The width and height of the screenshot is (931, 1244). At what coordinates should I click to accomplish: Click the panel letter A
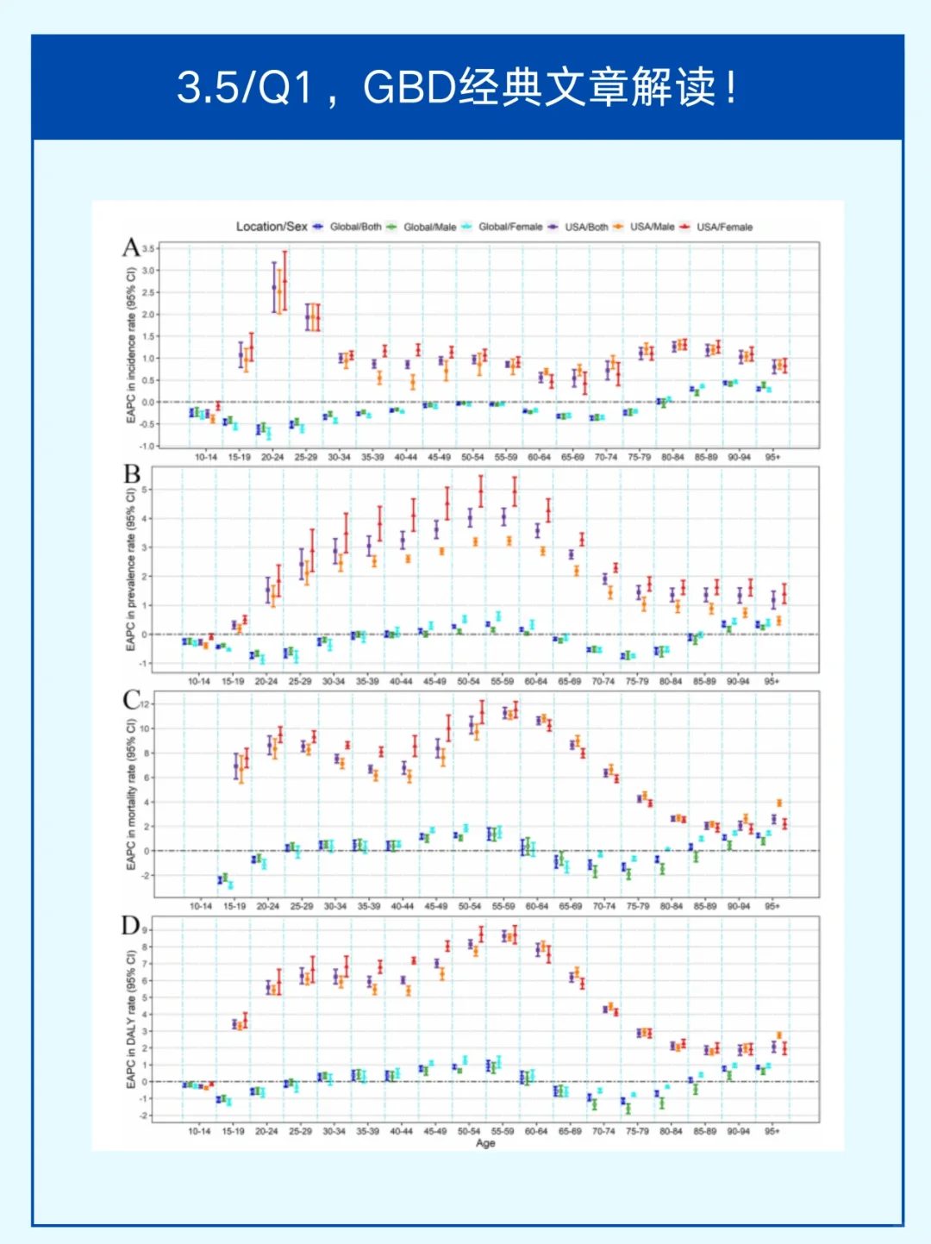131,248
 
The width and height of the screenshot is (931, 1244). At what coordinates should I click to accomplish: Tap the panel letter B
131,474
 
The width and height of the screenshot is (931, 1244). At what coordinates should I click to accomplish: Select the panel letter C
131,700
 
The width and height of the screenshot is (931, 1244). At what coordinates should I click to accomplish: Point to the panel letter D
131,926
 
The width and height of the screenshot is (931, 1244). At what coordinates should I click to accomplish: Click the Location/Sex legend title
272,227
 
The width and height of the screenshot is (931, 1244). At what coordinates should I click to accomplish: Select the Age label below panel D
485,1143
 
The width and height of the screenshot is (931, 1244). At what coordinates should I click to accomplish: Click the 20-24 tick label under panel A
272,457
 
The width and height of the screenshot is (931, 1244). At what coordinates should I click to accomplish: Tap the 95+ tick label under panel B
772,681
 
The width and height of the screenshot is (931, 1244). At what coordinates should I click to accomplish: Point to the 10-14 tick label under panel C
200,906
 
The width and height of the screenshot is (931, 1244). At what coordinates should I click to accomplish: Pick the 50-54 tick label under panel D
469,1131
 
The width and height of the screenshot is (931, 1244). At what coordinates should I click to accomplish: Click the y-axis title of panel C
131,795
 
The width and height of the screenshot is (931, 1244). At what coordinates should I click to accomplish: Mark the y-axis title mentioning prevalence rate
131,569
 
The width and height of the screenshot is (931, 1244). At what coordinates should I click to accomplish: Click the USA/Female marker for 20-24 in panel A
284,281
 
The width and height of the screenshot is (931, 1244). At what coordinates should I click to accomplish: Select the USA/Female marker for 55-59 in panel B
515,491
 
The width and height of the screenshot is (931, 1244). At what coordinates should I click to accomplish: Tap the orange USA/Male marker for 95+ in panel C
779,803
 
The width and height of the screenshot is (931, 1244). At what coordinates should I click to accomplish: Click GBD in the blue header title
409,87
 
